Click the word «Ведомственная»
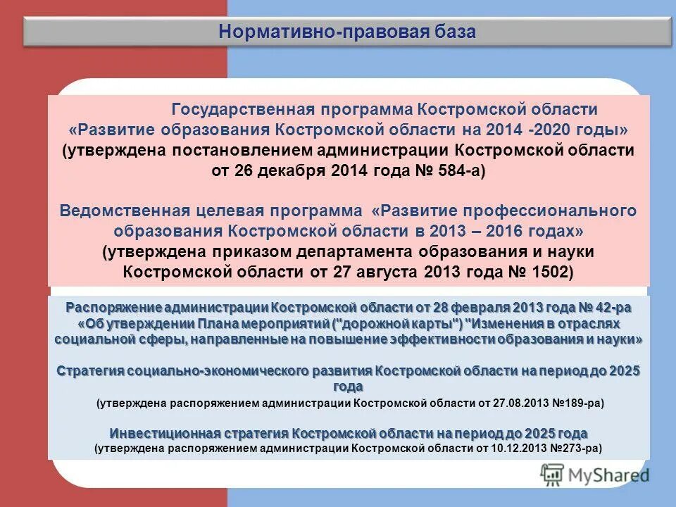(x=124, y=211)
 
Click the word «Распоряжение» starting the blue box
(x=113, y=308)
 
